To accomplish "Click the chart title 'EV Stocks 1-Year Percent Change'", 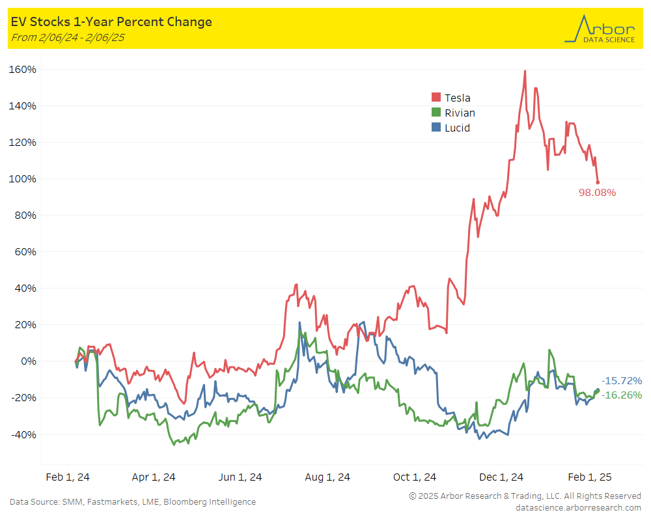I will tap(111, 22).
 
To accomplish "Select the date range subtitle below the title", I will tap(68, 38).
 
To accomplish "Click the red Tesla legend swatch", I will tap(436, 98).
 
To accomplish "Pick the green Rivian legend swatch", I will tap(436, 113).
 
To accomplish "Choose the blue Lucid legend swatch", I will tap(436, 128).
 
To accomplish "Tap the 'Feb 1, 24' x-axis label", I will tap(68, 477).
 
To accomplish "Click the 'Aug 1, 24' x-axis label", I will tap(327, 477).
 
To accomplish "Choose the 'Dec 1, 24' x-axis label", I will tap(501, 477).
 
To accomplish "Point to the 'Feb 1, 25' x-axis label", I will tap(589, 477).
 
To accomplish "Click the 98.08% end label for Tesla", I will tap(597, 193).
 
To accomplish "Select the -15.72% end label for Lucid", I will tap(621, 380).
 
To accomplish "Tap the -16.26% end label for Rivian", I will tap(621, 395).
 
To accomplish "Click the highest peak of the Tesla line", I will tap(525, 71).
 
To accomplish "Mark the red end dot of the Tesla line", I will tap(598, 182).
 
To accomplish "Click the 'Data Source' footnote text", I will tap(133, 501).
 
